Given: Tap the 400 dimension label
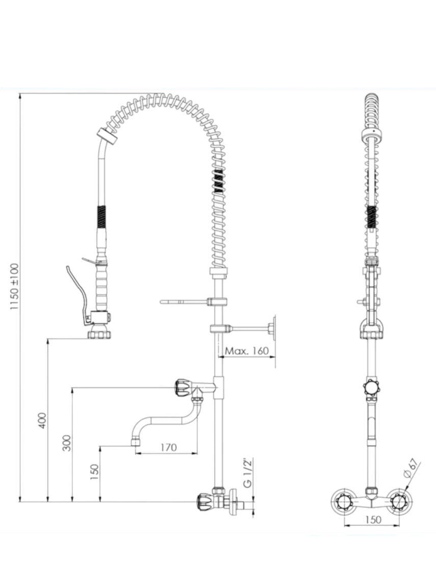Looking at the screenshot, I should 43,421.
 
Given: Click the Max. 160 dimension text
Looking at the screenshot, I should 247,351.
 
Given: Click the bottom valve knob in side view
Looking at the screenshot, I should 205,501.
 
